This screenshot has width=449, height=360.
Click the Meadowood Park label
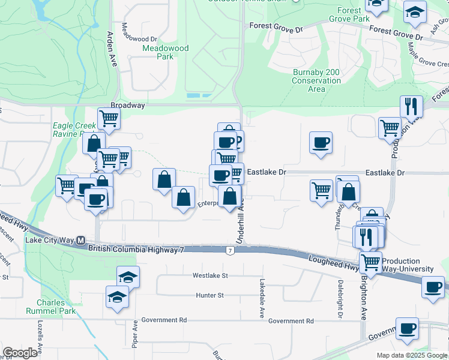coord(166,52)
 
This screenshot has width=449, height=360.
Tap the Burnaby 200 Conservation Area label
coord(316,81)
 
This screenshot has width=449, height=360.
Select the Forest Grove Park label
coord(353,14)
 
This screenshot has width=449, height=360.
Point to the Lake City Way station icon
coord(81,240)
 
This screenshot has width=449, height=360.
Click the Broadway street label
coord(128,105)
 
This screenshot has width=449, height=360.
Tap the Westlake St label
coord(210,276)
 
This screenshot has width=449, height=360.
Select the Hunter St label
coord(209,295)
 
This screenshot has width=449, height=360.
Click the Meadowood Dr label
coord(139,28)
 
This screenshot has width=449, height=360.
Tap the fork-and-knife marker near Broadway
coord(411,106)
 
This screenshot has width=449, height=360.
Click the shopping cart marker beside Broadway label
coord(109,118)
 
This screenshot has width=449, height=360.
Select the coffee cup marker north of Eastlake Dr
coord(321,142)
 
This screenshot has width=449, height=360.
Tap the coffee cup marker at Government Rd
coord(407,328)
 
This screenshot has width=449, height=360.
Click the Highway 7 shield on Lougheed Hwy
coord(230,250)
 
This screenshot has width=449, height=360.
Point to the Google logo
coord(20,353)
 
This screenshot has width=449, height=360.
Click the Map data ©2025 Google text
coord(411,355)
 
